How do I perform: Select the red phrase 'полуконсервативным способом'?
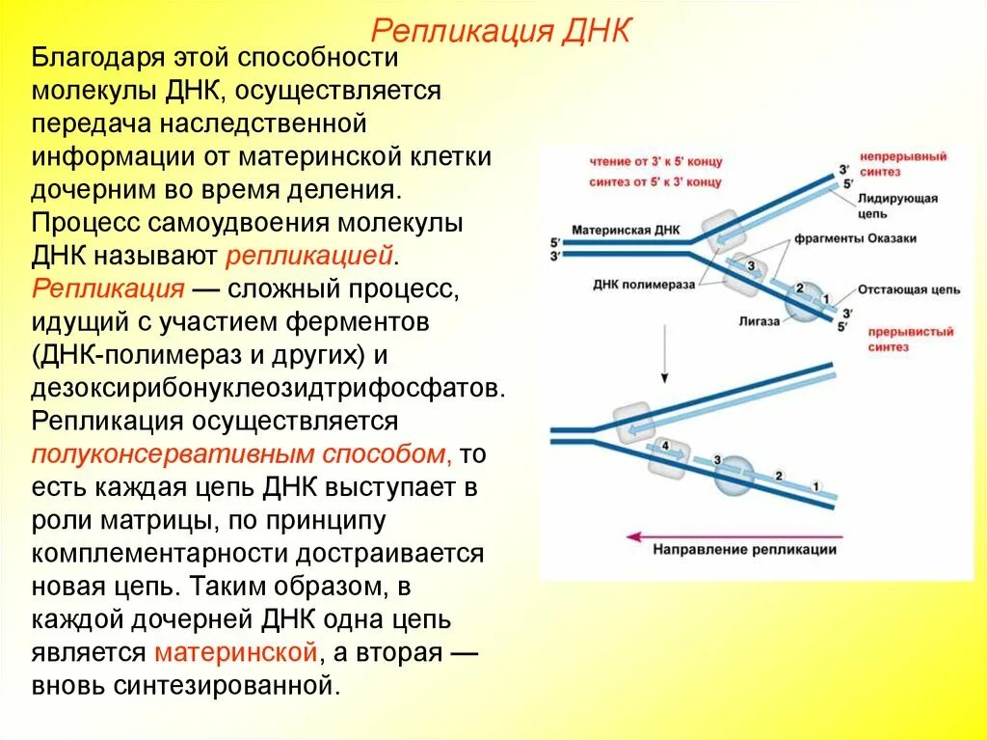tap(240, 454)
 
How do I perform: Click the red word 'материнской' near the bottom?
tap(235, 652)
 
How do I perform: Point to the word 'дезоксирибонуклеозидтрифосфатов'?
tap(267, 388)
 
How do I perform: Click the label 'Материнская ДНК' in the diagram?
tap(625, 231)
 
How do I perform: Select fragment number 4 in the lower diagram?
tap(665, 448)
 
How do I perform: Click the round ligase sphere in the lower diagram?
tap(734, 475)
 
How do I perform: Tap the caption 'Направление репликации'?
tap(745, 550)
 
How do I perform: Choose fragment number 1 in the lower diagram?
tap(815, 485)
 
